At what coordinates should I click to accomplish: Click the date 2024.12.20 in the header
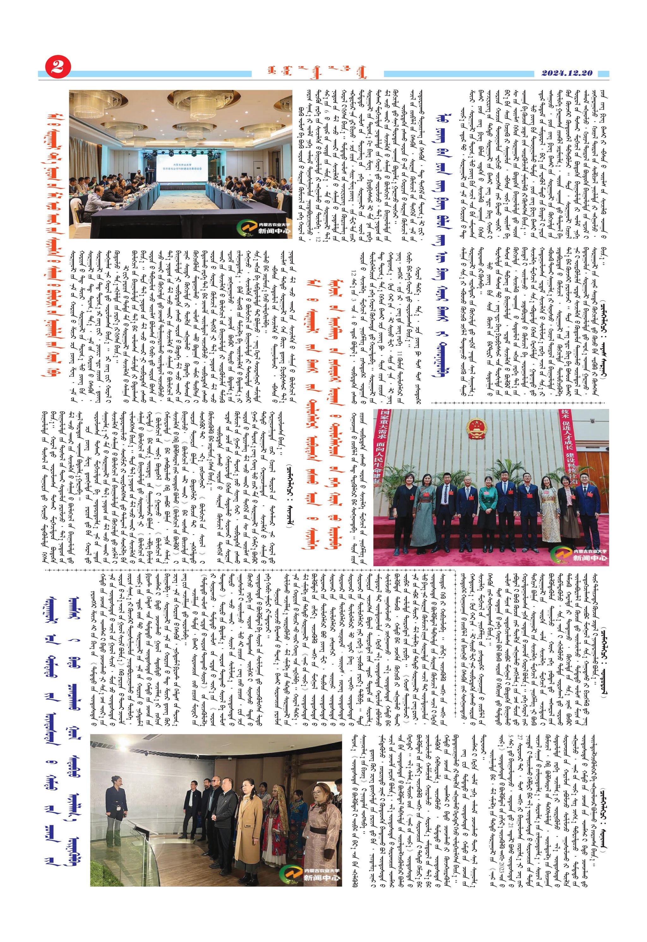click(x=567, y=73)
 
